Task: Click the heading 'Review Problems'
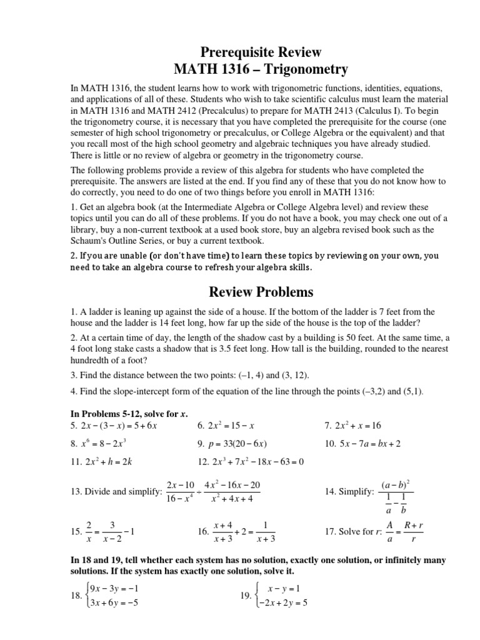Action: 259,292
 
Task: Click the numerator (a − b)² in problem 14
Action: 399,485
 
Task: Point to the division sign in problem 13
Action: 199,492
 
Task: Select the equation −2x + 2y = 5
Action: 281,603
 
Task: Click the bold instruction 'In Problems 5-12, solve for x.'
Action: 129,412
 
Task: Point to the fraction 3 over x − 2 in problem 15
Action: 112,531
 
